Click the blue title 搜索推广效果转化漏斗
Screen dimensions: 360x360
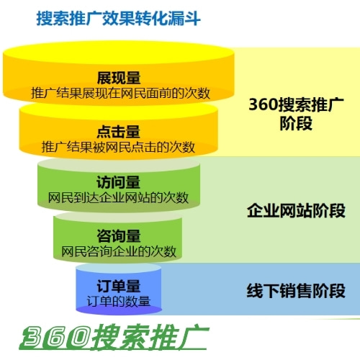coord(118,18)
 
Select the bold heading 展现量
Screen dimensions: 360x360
coord(119,78)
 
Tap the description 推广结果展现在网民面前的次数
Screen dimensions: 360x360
coord(120,93)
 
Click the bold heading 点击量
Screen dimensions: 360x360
coord(119,132)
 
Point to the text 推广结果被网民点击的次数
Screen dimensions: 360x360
coord(118,147)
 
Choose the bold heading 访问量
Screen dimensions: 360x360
coord(119,182)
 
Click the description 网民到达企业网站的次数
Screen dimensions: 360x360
coord(118,198)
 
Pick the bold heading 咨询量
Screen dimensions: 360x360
coord(119,236)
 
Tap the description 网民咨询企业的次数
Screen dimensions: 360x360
coord(119,251)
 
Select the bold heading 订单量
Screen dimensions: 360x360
coord(119,286)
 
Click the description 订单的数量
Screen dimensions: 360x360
coord(119,301)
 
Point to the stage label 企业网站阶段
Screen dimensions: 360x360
coord(296,211)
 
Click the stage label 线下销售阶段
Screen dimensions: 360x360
coord(296,291)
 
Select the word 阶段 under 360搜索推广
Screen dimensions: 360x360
coord(296,123)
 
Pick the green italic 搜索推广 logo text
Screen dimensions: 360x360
coord(150,337)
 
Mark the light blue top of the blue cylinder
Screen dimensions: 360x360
coord(119,269)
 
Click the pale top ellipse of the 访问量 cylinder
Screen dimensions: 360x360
coord(119,165)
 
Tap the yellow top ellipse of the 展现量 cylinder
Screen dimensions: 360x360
coord(119,53)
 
